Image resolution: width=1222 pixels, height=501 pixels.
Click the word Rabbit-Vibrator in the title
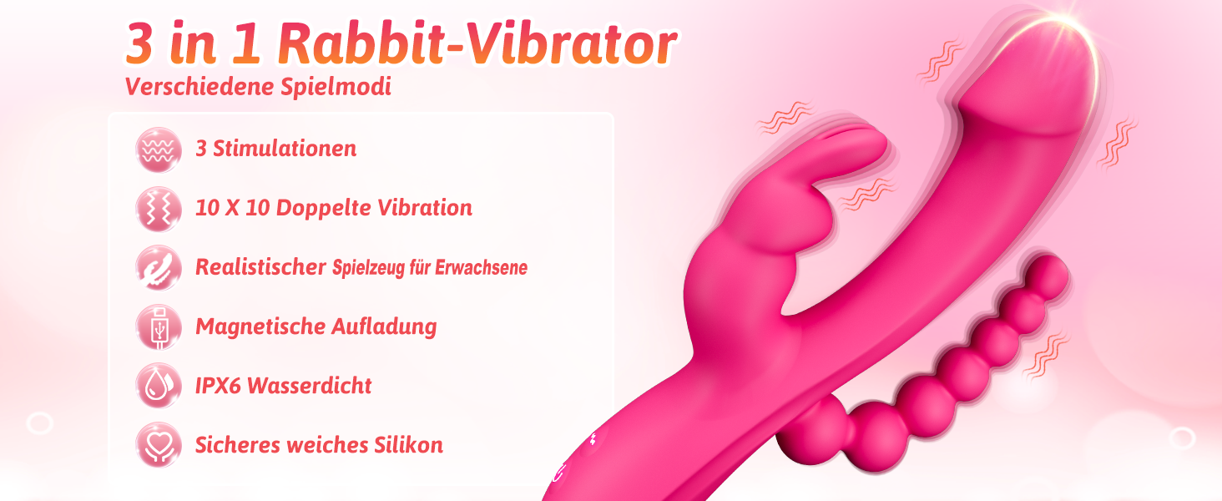point(478,44)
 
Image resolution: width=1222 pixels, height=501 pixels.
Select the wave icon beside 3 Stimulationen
point(159,149)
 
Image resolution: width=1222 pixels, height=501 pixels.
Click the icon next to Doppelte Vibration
point(159,209)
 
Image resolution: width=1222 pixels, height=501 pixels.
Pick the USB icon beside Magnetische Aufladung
point(159,327)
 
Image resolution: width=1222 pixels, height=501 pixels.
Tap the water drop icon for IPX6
point(159,386)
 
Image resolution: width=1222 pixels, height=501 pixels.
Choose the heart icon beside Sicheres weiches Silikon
point(159,445)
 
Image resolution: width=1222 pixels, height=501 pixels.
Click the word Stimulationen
point(285,149)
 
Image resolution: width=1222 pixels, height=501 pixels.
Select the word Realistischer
point(260,267)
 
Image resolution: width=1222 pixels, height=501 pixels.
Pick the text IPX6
point(218,386)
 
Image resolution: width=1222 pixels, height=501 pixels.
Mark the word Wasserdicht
point(310,386)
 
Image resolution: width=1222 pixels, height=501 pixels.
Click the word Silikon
point(408,445)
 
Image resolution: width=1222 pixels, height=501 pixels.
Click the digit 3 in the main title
point(139,44)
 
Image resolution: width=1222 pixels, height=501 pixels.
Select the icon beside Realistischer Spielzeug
point(159,267)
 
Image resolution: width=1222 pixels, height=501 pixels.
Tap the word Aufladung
point(384,327)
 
